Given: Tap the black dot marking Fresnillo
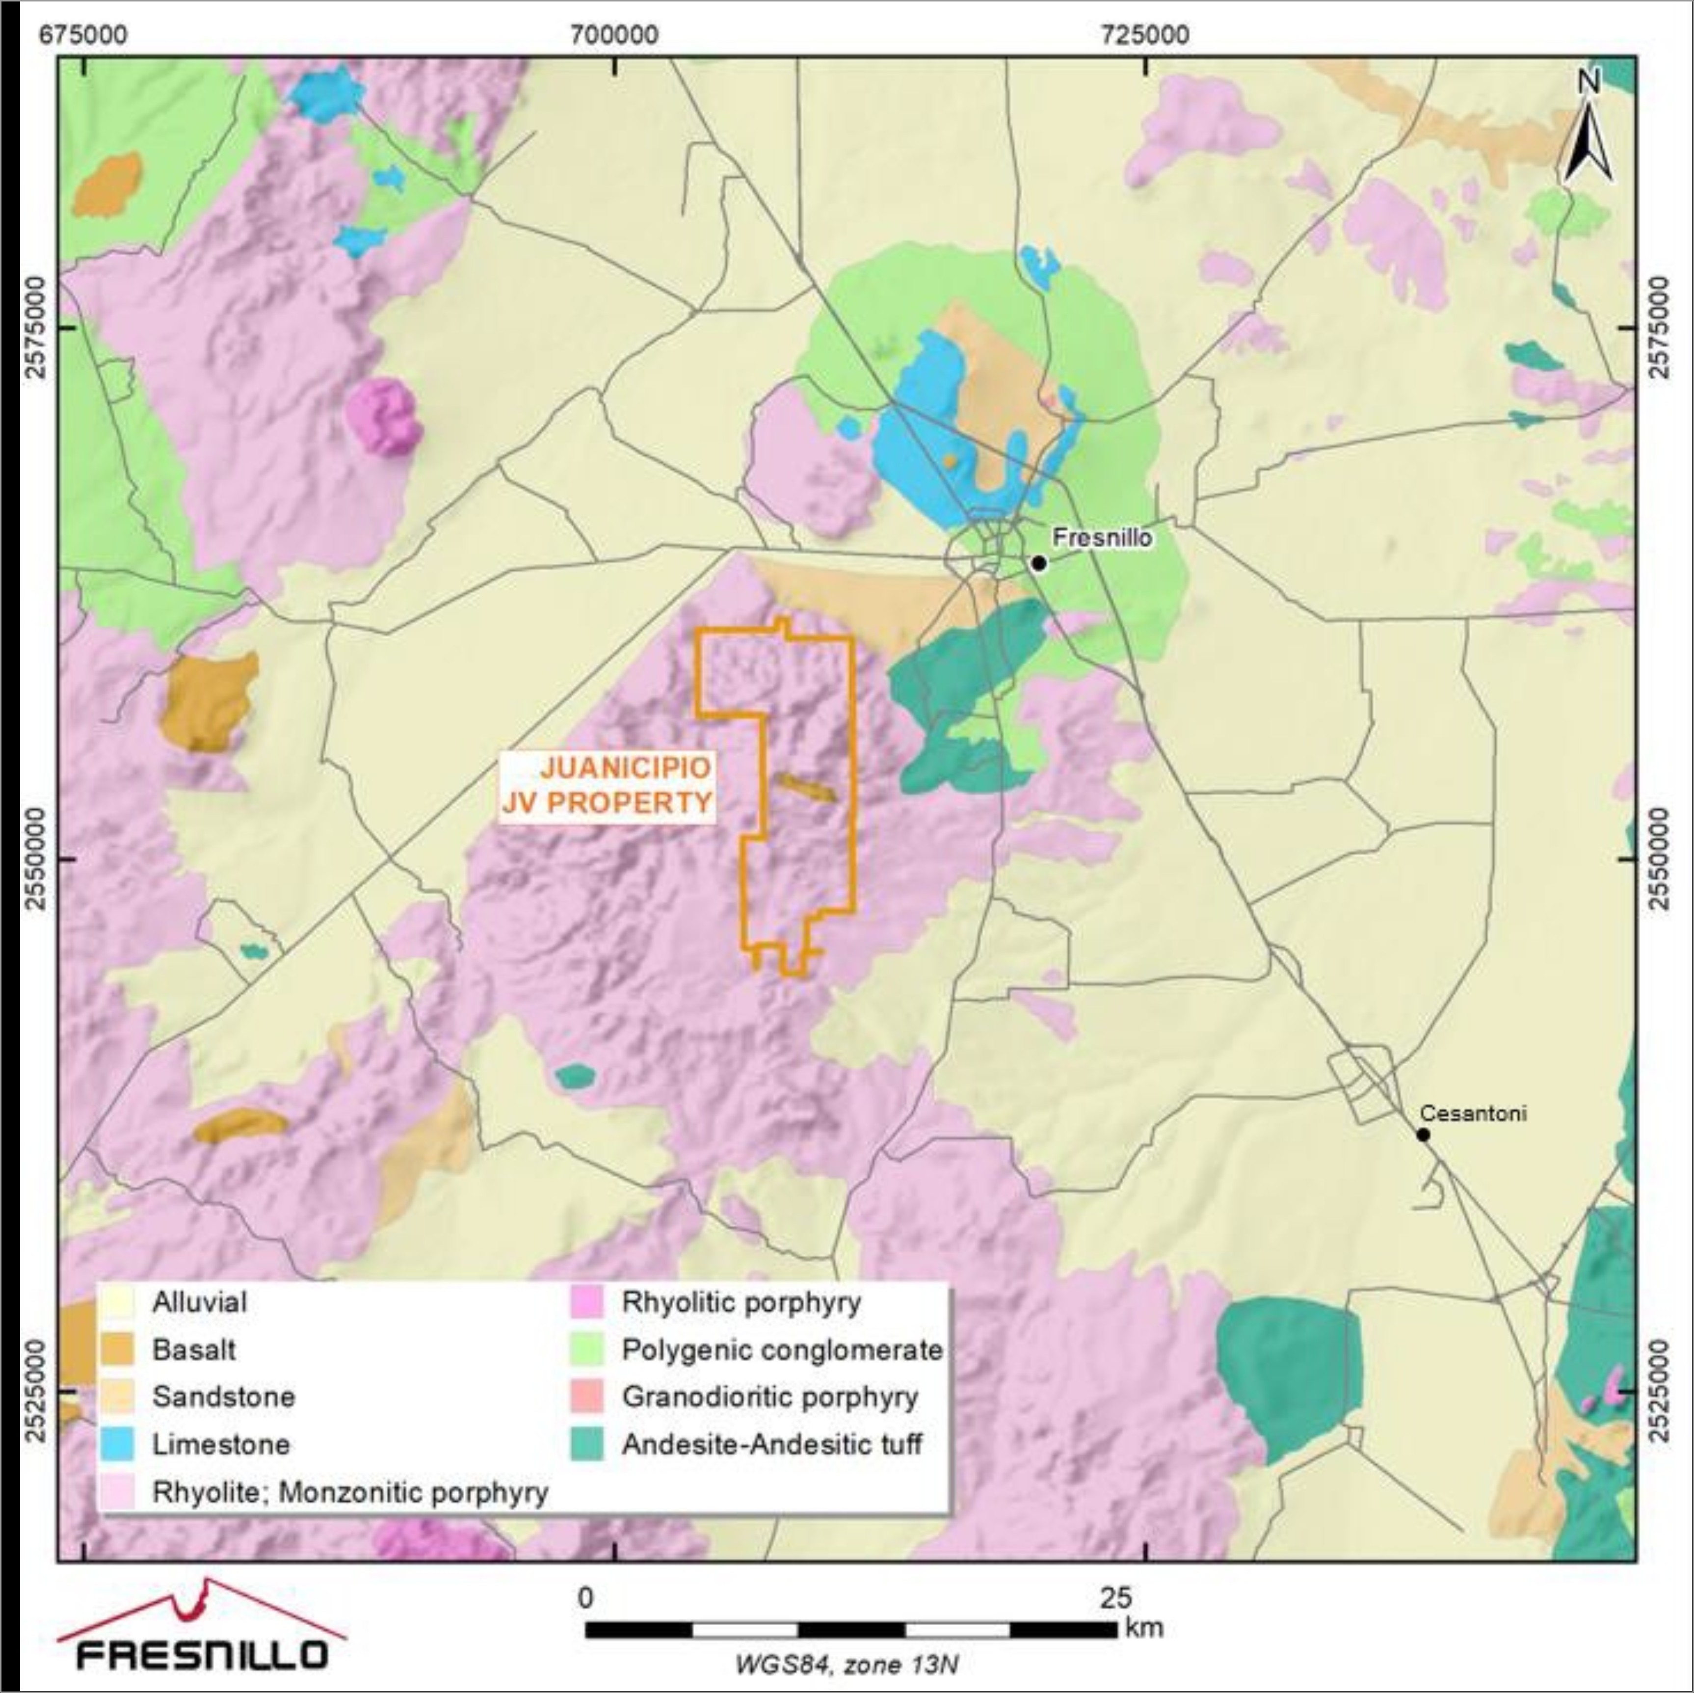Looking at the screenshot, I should click(x=1039, y=563).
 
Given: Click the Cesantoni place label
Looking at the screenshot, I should click(x=1473, y=1113).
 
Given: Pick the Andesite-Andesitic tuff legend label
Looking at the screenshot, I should click(x=771, y=1444).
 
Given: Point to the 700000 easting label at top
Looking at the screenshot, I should click(x=614, y=35).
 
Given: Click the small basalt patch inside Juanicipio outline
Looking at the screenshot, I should click(x=804, y=787).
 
